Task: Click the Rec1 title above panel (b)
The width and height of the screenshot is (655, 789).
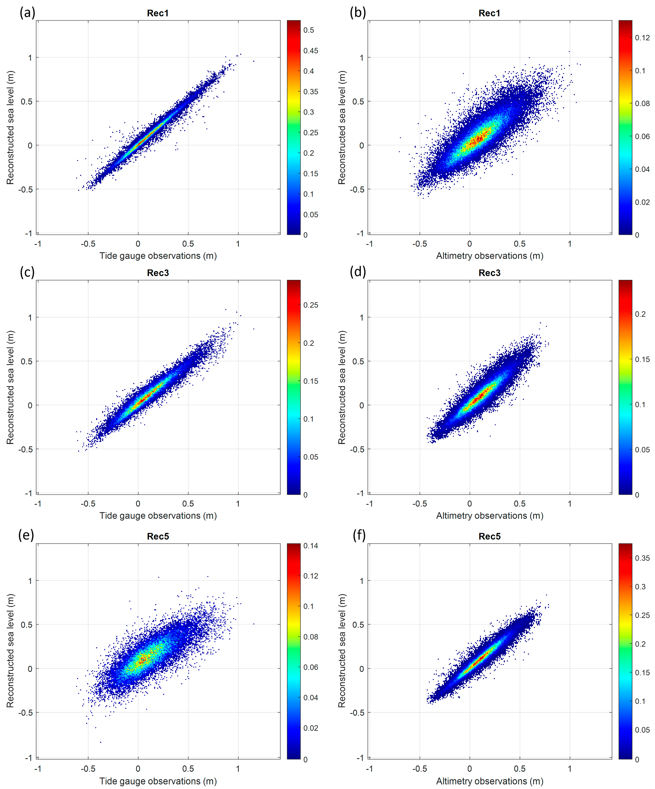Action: point(489,13)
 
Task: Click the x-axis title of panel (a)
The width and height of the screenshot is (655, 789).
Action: point(158,256)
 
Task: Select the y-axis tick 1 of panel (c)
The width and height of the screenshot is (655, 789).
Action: point(30,318)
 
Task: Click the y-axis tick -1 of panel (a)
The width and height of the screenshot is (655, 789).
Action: point(29,233)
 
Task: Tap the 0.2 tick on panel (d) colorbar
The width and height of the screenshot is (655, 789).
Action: point(640,314)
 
